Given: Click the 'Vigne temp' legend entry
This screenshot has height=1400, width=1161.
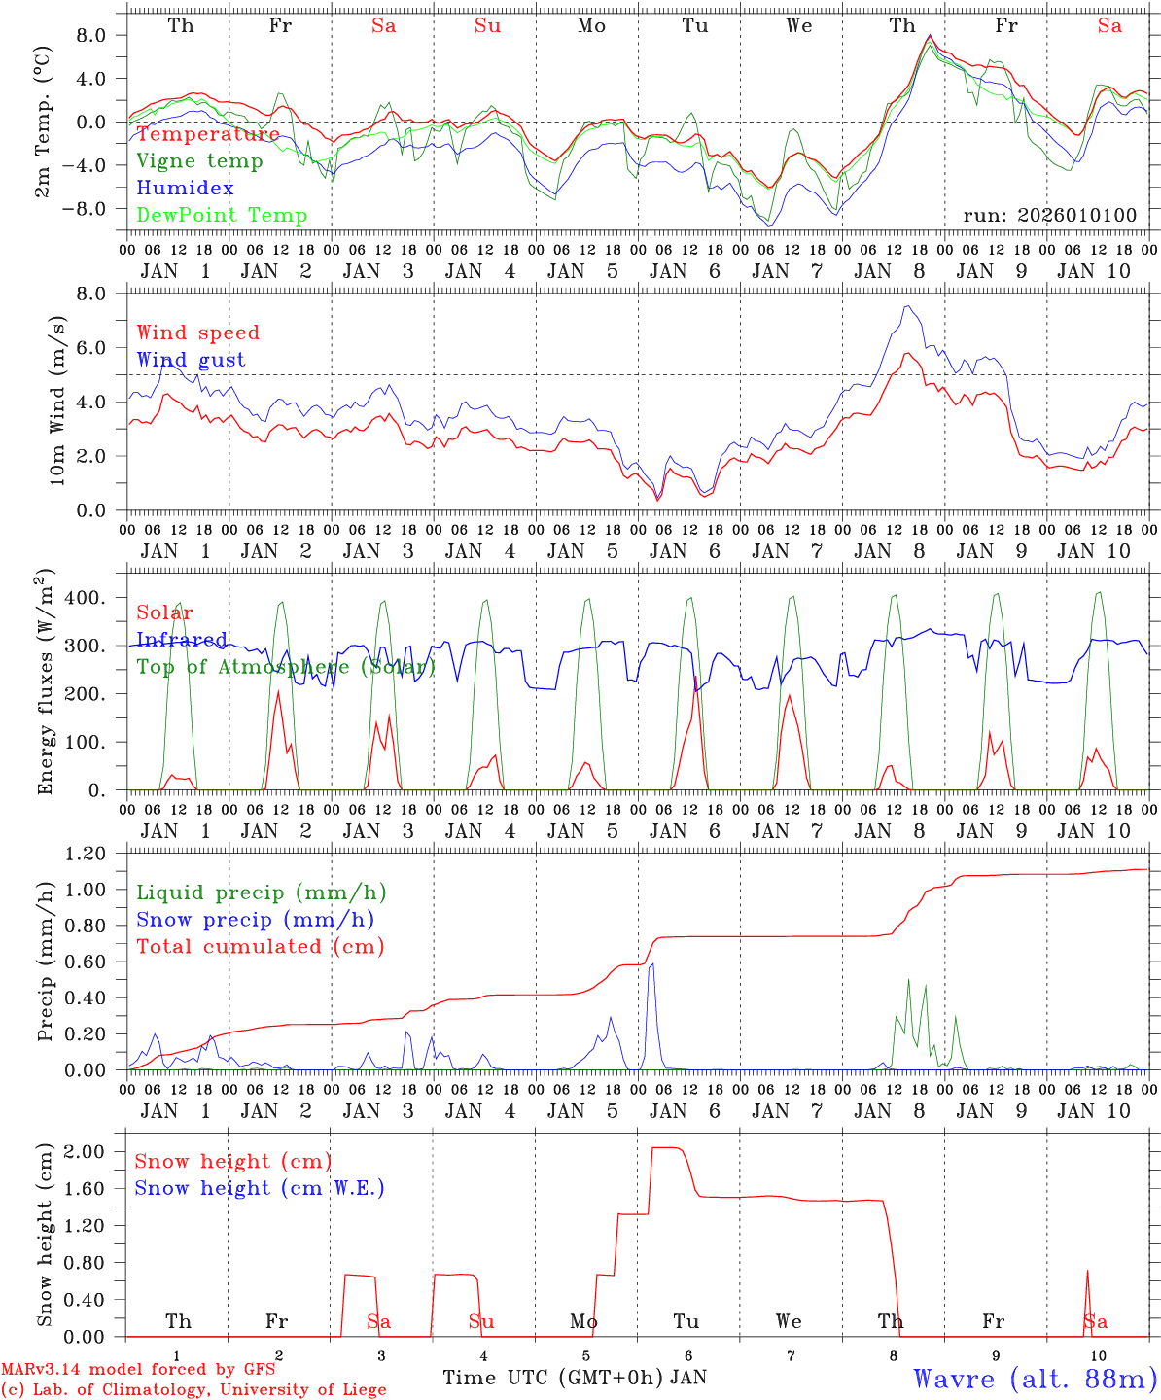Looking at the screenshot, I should [x=199, y=161].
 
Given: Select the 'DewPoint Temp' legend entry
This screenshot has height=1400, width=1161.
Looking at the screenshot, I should [x=222, y=216].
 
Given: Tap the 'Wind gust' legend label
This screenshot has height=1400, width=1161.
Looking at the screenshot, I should [x=191, y=360].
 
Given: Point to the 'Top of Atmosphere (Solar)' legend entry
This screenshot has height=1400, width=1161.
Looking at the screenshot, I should [x=286, y=667].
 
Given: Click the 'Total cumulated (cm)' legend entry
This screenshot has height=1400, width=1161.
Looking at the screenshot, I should [x=260, y=946].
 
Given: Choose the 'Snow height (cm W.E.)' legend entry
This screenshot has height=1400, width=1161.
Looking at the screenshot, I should [x=260, y=1188].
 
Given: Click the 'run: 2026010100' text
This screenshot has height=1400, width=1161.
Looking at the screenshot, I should [x=1049, y=215].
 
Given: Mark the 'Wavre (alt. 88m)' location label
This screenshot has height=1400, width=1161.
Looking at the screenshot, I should [x=1035, y=1378].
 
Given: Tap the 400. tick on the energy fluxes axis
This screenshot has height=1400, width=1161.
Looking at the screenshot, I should [x=97, y=598].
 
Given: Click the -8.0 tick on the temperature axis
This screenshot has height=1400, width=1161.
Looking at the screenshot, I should [x=97, y=208].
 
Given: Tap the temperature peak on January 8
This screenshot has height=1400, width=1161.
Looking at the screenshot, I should [x=930, y=37].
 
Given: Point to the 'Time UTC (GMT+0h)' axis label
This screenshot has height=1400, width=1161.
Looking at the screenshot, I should [x=553, y=1378].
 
